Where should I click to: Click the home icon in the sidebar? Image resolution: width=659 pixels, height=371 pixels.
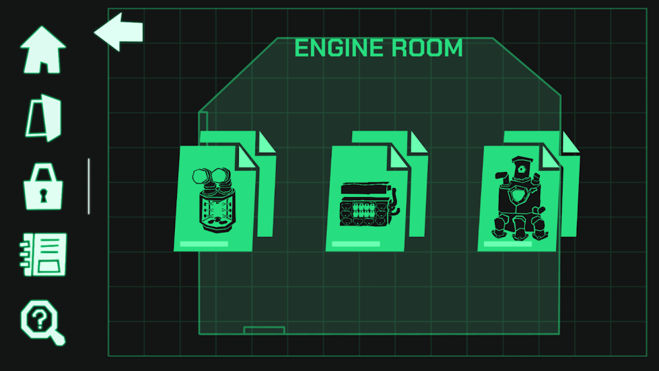(x=43, y=50)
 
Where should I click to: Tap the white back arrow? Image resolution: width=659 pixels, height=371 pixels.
(x=118, y=32)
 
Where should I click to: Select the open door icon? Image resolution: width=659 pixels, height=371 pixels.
(x=44, y=119)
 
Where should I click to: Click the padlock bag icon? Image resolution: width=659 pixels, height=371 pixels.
(x=43, y=186)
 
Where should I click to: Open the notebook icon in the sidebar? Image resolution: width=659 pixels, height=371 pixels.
(x=43, y=254)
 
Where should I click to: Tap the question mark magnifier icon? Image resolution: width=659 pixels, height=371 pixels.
(x=42, y=322)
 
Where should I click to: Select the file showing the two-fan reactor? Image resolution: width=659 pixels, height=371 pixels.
(x=216, y=198)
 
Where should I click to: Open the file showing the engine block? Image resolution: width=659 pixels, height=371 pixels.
(x=367, y=198)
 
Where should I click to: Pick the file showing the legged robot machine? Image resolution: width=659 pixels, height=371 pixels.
(x=520, y=198)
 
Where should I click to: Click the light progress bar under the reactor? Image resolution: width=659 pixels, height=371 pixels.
(x=204, y=244)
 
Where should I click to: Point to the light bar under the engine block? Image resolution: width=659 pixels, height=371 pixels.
(x=355, y=244)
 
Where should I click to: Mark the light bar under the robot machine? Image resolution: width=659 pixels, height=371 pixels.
(x=508, y=244)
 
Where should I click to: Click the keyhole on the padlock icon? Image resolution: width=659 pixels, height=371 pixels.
(x=43, y=196)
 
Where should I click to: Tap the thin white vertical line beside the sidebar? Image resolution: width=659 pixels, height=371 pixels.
(x=89, y=186)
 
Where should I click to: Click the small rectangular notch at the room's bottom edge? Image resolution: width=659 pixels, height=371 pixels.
(x=265, y=330)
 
